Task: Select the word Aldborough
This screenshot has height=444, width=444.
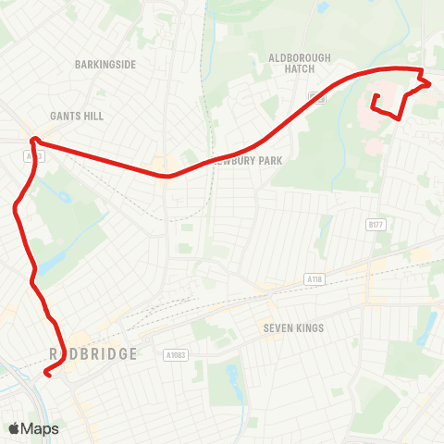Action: tap(299, 57)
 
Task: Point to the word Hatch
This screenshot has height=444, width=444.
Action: tap(299, 69)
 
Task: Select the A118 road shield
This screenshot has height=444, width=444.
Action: tap(314, 277)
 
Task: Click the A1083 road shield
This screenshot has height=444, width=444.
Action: tap(175, 355)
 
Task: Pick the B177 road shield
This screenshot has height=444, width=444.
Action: tap(376, 225)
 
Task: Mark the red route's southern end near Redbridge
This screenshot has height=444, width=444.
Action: tap(45, 375)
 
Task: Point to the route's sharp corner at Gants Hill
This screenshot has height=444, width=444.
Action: tap(33, 141)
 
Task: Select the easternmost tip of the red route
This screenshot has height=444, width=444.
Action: tap(429, 83)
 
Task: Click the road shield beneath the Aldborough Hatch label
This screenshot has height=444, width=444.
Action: tap(319, 96)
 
